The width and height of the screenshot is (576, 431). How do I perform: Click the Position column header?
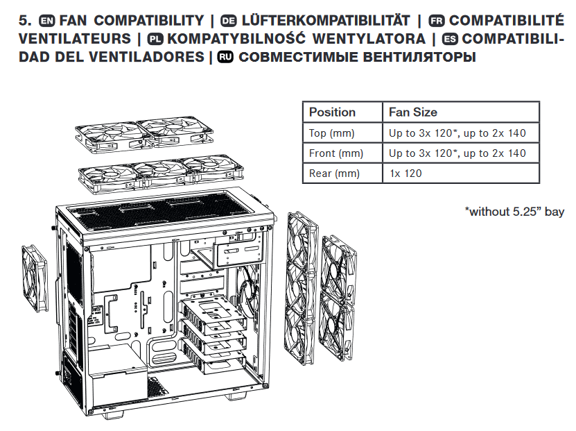click(x=332, y=112)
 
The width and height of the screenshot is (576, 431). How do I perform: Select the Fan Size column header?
click(x=413, y=112)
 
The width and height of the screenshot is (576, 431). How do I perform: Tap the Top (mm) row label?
click(x=332, y=133)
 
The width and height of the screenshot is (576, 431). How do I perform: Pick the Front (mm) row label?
click(x=336, y=153)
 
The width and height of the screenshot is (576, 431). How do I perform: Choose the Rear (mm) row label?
click(x=334, y=174)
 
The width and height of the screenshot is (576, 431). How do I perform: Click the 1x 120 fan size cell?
click(x=405, y=174)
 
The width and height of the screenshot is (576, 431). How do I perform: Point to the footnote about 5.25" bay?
click(x=514, y=212)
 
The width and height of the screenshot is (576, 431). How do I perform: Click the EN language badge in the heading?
click(x=46, y=21)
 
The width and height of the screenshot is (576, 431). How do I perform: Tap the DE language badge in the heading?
click(x=229, y=21)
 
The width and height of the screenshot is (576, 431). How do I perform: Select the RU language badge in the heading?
click(x=225, y=57)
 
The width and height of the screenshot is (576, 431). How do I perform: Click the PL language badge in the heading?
click(x=155, y=39)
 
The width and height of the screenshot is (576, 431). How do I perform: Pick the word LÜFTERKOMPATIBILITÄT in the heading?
click(x=326, y=20)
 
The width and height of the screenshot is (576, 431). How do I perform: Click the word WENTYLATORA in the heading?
click(x=369, y=39)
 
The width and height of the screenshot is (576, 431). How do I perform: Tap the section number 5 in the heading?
click(x=25, y=21)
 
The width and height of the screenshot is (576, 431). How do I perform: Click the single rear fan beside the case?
click(x=35, y=279)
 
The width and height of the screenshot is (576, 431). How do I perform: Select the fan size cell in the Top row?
click(x=457, y=133)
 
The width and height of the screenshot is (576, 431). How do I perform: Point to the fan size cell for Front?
click(x=457, y=153)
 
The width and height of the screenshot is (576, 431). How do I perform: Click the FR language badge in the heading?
click(x=437, y=21)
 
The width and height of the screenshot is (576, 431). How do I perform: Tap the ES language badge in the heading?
click(x=450, y=39)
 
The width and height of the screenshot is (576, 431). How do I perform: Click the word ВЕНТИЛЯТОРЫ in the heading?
click(x=419, y=57)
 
